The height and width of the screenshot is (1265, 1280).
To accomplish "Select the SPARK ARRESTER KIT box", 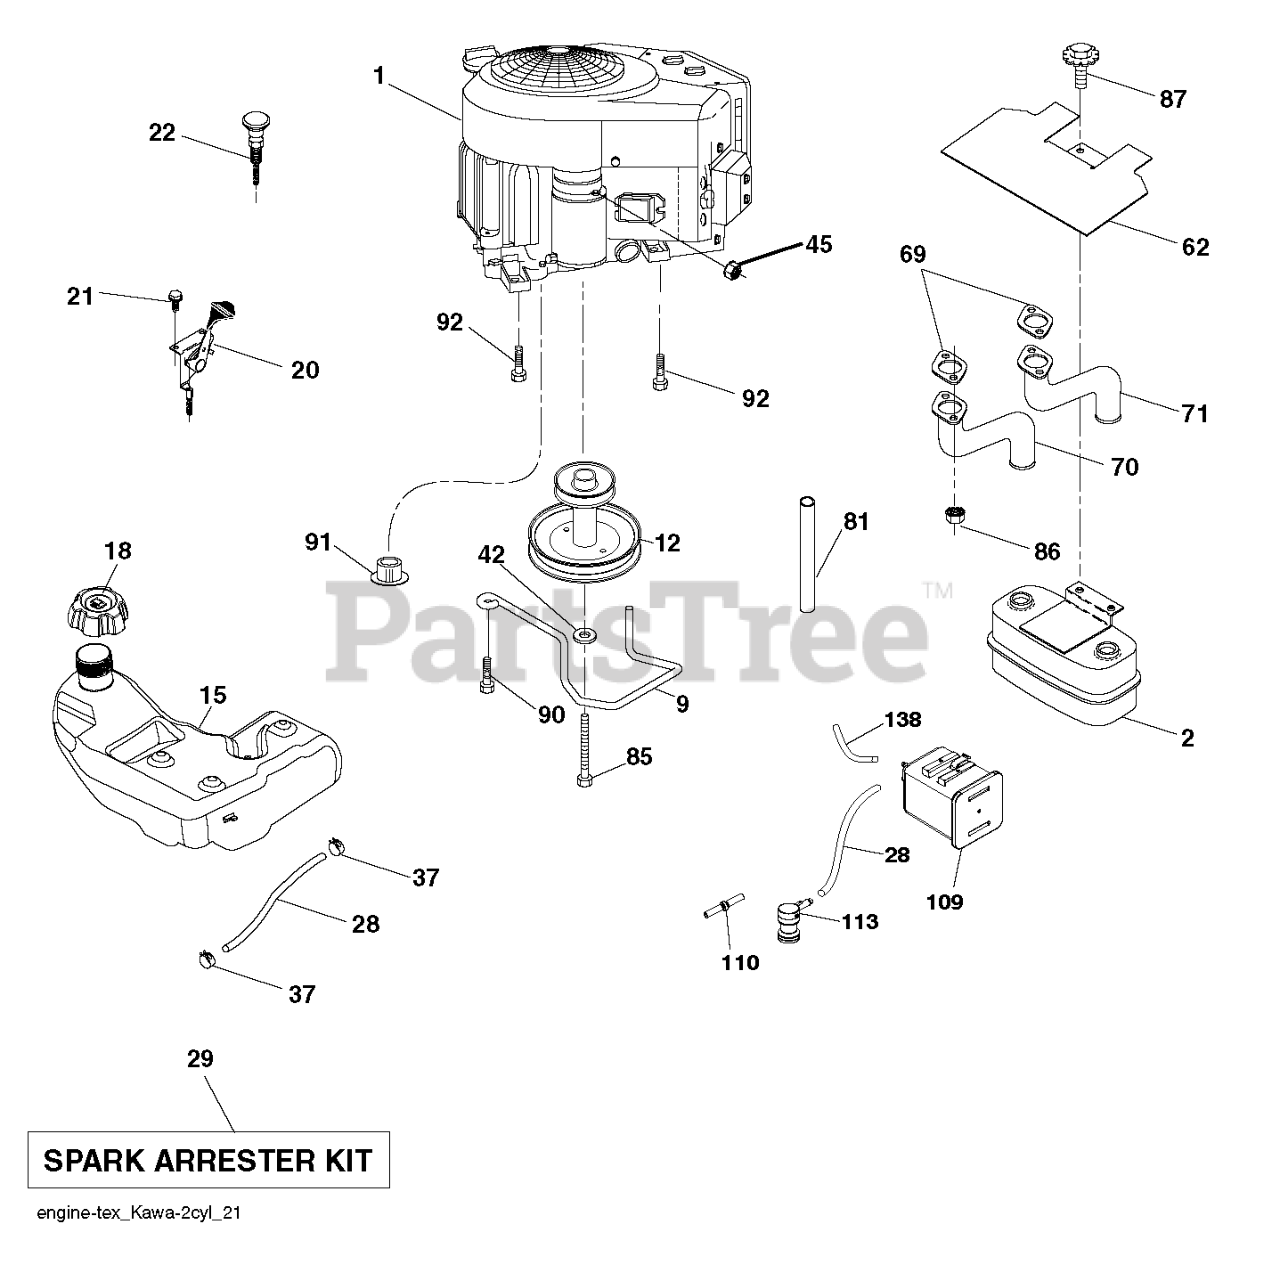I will pos(208,1160).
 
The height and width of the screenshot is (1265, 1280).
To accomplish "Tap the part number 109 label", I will pos(944,902).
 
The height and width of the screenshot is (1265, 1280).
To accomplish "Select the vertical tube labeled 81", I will pos(809,550).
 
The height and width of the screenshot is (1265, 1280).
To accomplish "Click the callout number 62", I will pos(1195,246).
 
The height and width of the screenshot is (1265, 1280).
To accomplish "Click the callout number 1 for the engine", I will pos(378,75).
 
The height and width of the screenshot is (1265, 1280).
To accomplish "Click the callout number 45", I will pos(818,244).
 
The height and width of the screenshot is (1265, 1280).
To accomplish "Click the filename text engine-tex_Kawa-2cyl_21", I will pos(138,1214).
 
